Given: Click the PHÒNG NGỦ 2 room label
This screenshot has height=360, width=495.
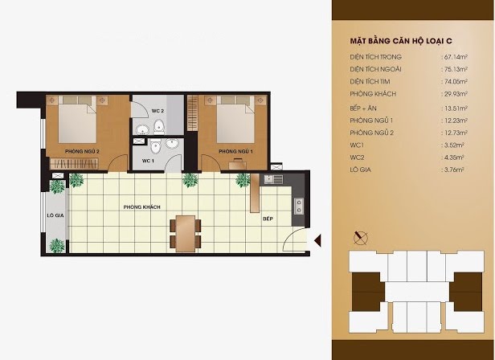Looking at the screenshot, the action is [x=82, y=152].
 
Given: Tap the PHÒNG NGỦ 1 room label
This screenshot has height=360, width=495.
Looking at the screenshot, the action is [x=235, y=152].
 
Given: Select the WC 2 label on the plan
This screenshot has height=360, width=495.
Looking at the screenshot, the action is [x=157, y=111].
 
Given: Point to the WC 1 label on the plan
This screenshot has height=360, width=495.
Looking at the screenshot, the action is [x=148, y=161].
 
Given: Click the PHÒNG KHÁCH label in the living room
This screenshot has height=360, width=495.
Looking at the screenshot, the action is [x=141, y=207].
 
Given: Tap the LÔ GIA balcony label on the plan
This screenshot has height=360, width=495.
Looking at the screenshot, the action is [x=55, y=215].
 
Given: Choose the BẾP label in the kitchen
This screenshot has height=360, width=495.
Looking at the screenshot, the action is [x=268, y=219].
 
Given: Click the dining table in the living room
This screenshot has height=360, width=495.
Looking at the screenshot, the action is [x=186, y=233].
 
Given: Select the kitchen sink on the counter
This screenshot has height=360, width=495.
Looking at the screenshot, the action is [x=273, y=179].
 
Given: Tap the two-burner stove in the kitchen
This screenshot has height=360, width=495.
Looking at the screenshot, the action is [x=299, y=206].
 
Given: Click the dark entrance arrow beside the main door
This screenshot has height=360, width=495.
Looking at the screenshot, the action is [x=317, y=240].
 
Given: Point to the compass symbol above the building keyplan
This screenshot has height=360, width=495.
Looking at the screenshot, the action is [x=360, y=238].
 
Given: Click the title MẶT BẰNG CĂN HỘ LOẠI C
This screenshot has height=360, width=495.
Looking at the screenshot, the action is [x=401, y=41].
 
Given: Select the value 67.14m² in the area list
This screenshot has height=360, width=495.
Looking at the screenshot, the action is [x=455, y=57].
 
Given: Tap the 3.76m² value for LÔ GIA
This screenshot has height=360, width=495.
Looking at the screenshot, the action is [x=454, y=170].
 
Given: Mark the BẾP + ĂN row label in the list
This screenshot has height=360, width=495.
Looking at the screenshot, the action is [x=363, y=108].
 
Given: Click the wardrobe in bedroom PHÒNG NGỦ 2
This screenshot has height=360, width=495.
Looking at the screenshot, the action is [x=75, y=163].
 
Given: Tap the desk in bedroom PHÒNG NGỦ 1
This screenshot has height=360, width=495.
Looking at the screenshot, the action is [x=237, y=165].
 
